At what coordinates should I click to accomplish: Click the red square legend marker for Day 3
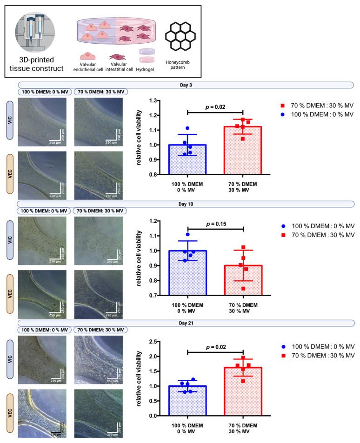coord(282,106)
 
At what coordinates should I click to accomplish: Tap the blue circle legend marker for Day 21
coord(282,347)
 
